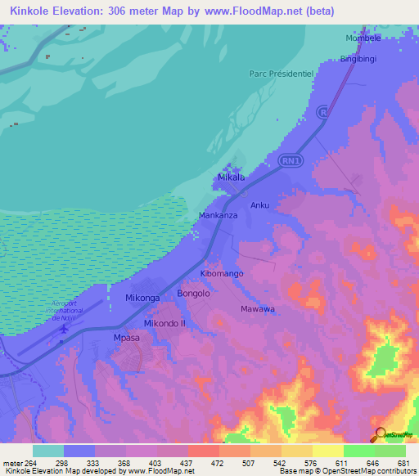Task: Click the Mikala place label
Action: pos(231,177)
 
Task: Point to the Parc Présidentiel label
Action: pos(282,73)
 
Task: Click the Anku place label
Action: pos(259,205)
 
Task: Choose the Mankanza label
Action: pos(219,216)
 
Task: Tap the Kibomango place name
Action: pos(222,273)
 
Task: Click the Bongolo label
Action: pos(194,293)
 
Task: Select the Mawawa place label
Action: pos(257,309)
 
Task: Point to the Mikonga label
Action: pos(142,299)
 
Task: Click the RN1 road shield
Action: pos(290,161)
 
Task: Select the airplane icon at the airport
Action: pos(63,329)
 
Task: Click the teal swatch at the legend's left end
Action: pos(47,451)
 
